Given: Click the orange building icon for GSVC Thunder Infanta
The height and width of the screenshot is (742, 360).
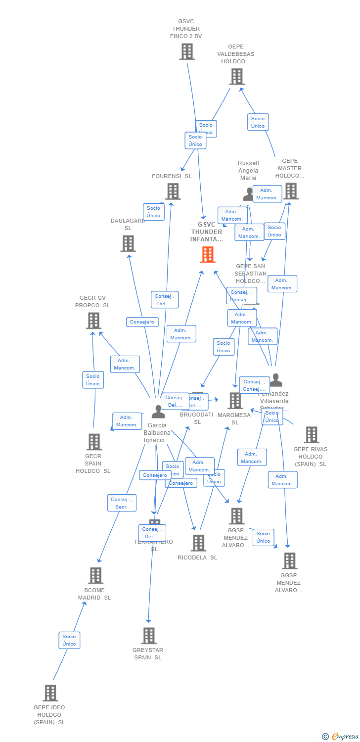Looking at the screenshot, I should tap(208, 255).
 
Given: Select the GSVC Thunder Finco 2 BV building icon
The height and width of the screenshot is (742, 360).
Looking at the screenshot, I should tap(187, 51).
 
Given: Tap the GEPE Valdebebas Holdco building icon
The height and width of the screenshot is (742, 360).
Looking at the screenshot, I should tap(237, 77).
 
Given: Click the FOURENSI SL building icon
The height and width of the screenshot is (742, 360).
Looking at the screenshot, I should tap(173, 191).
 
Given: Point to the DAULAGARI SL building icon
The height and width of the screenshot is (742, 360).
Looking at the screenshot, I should tap(128, 243).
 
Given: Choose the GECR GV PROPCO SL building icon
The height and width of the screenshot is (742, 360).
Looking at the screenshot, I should tap(93, 321).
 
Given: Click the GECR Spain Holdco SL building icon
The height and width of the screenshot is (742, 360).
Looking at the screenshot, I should tap(94, 442).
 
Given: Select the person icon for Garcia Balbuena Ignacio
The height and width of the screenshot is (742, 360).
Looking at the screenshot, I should tap(158, 412).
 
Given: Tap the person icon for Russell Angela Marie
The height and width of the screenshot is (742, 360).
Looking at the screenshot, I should tap(248, 194).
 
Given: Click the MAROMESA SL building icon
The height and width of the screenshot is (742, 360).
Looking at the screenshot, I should tap(235, 400).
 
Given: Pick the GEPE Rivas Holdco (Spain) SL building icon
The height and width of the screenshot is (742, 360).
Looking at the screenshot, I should tap(311, 435).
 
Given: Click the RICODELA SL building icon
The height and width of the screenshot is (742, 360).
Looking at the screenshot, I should tap(198, 543).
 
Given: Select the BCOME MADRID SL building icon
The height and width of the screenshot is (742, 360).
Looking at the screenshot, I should tap(95, 575).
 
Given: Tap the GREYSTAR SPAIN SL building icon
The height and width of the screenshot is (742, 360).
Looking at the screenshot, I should tap(149, 636).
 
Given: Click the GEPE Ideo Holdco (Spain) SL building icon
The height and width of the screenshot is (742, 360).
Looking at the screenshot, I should tap(50, 693).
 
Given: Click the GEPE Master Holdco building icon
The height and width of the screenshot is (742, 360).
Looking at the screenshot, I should tap(291, 191).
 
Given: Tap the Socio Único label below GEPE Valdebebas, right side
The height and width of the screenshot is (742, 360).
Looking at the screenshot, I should tap(258, 122).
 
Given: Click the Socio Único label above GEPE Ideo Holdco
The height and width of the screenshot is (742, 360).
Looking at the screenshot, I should tap(69, 640).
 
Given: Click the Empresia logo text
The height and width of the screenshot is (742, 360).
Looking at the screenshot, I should tap(345, 737).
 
